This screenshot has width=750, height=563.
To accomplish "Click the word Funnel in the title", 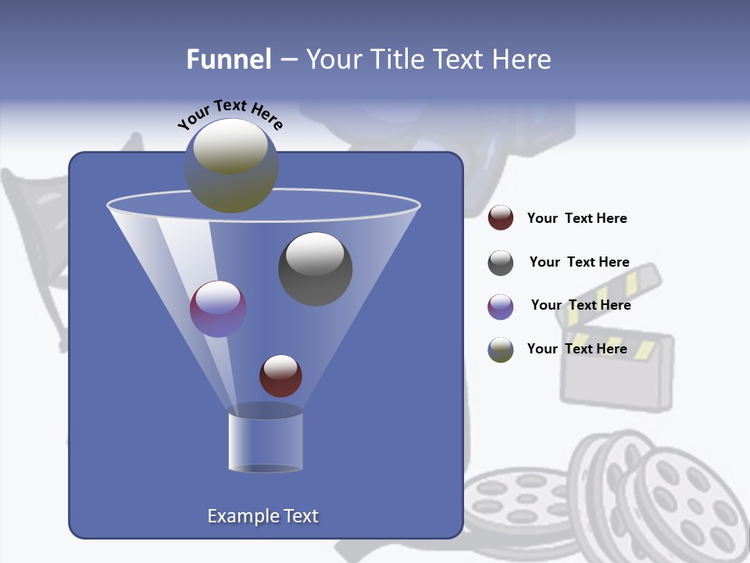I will pyautogui.click(x=229, y=59).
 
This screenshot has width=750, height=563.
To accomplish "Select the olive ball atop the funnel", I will pyautogui.click(x=230, y=166).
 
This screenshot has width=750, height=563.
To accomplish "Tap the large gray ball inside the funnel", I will pyautogui.click(x=315, y=268).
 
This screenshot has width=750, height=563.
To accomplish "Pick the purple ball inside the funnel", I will pyautogui.click(x=218, y=308).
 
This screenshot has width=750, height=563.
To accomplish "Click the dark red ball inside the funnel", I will pyautogui.click(x=280, y=375).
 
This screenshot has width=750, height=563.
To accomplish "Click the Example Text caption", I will pyautogui.click(x=262, y=516).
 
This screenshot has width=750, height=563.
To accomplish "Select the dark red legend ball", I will pyautogui.click(x=501, y=218).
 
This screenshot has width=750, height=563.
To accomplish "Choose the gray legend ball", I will pyautogui.click(x=501, y=263).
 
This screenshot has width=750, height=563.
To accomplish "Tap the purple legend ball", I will pyautogui.click(x=501, y=307).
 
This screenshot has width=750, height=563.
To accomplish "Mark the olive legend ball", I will pyautogui.click(x=501, y=350).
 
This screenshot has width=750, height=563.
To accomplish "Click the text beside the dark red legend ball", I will pyautogui.click(x=577, y=219).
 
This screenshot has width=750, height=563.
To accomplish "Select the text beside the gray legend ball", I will pyautogui.click(x=579, y=263).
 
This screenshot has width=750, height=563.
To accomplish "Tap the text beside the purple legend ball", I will pyautogui.click(x=580, y=306).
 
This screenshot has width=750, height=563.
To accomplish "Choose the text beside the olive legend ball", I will pyautogui.click(x=577, y=349).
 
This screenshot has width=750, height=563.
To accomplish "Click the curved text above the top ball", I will pyautogui.click(x=230, y=114).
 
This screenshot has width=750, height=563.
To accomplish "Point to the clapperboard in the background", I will pyautogui.click(x=617, y=360).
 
